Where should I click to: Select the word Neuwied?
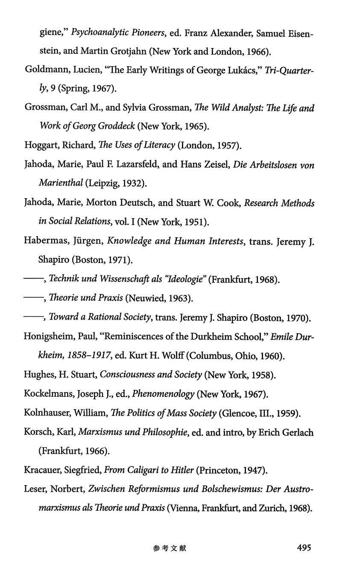pyautogui.click(x=146, y=299)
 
